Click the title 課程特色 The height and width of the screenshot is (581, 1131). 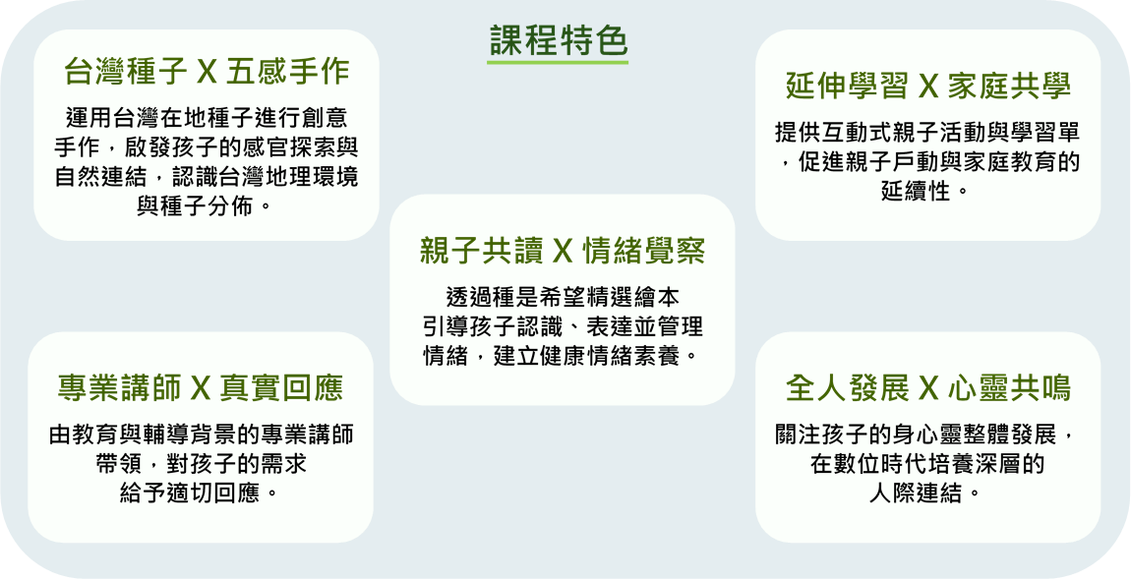(558, 41)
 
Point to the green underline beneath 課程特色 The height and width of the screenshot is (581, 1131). (558, 62)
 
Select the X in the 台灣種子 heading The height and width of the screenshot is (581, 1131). (207, 73)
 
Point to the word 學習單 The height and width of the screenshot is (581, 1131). (1045, 133)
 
